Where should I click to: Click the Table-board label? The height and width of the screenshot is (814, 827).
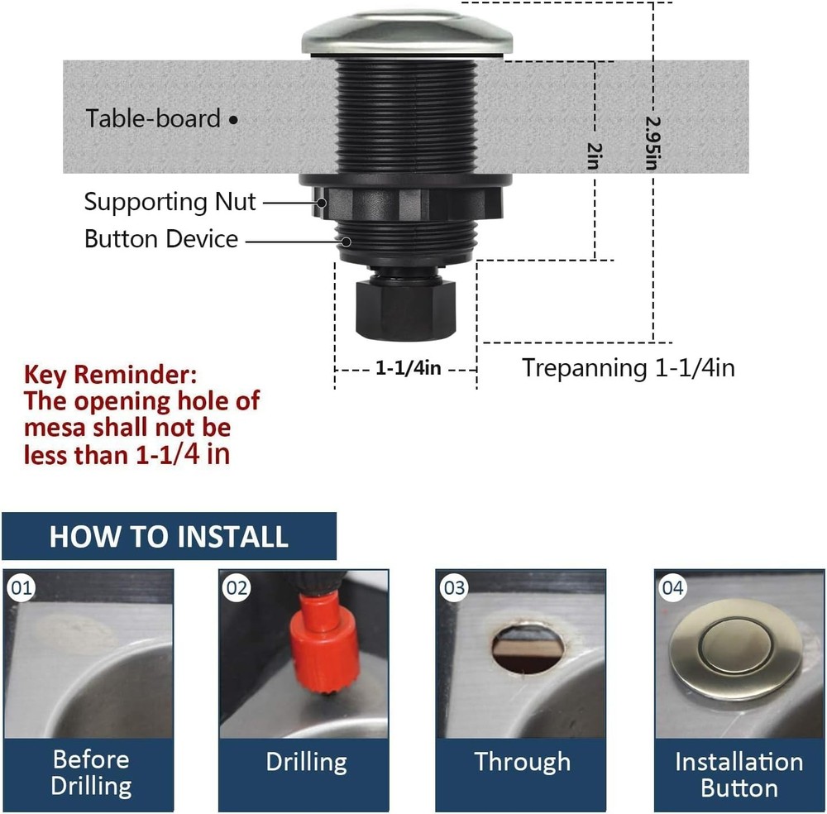(x=154, y=118)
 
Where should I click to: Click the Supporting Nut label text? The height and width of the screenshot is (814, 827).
(x=170, y=202)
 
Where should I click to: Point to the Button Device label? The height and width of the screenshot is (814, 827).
(x=161, y=239)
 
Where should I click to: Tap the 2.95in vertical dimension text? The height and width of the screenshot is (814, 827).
(x=651, y=141)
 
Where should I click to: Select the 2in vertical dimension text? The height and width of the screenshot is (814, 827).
(x=592, y=155)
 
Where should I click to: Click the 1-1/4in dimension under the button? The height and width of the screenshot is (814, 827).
(x=408, y=368)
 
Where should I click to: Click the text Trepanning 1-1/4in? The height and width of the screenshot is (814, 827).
(x=628, y=367)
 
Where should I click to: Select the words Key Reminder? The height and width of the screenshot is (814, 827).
(x=111, y=375)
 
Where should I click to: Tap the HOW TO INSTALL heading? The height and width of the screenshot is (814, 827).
(x=169, y=536)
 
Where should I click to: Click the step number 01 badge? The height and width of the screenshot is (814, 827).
(x=22, y=588)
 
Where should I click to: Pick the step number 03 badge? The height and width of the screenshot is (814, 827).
(x=454, y=588)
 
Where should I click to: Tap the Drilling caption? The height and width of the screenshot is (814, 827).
(x=306, y=762)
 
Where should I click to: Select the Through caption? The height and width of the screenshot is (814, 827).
(x=522, y=762)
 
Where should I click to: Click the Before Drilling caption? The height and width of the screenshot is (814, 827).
(x=90, y=772)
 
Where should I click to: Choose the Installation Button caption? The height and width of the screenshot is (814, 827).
(x=739, y=774)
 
